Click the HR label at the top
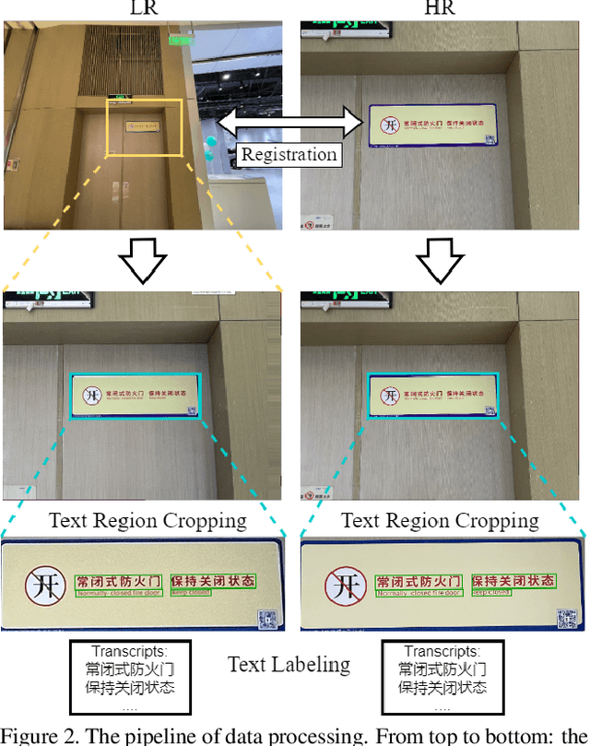(442, 8)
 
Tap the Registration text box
(289, 154)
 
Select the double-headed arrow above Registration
(289, 120)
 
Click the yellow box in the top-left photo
(144, 126)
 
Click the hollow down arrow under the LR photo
(142, 262)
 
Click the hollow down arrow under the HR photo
(443, 262)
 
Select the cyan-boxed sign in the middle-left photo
(135, 397)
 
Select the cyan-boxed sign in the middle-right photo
(433, 397)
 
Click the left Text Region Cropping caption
(147, 520)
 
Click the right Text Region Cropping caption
(440, 520)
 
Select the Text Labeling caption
(289, 664)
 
